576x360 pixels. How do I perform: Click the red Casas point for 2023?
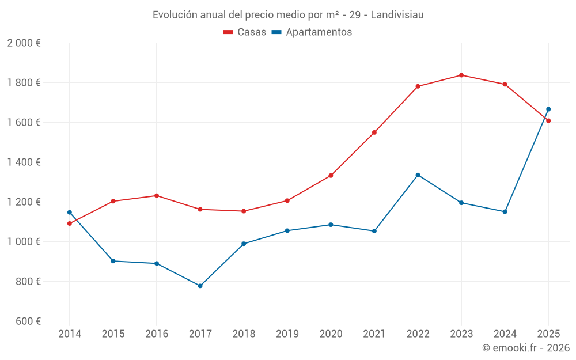tap(461, 75)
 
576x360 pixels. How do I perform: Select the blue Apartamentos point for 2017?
tap(200, 286)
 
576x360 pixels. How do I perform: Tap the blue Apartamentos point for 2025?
tap(548, 109)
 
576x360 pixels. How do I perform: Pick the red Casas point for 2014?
tap(70, 223)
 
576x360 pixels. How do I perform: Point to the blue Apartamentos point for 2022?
tap(418, 175)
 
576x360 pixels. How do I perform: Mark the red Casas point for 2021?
tap(374, 132)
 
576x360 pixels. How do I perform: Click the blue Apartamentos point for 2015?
tap(113, 261)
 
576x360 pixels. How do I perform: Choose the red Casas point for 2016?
tap(157, 196)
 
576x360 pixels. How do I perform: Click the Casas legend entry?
tap(245, 32)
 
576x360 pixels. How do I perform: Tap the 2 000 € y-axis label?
tap(24, 43)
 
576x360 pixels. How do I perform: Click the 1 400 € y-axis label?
tap(24, 162)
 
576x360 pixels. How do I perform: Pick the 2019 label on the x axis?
tap(287, 334)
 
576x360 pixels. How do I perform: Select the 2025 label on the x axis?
tap(548, 334)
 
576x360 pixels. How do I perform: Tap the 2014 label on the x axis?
tap(70, 334)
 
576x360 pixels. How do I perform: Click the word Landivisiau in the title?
tap(397, 15)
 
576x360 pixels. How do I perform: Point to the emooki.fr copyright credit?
tap(525, 348)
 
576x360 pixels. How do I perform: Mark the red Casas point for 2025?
tap(548, 120)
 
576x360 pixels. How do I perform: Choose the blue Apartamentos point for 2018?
tap(244, 244)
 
